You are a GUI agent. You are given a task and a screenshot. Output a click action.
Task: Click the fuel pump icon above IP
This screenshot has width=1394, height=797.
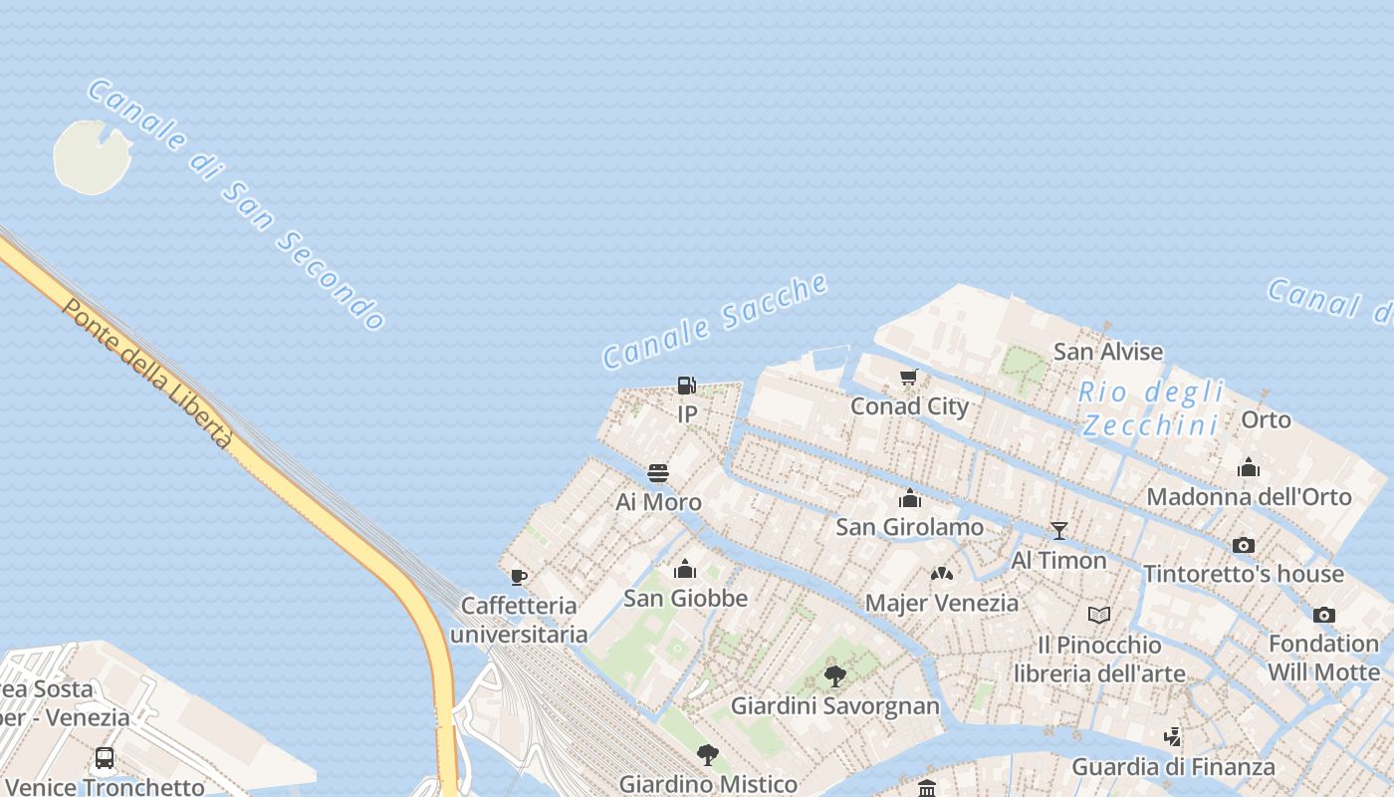coord(686,385)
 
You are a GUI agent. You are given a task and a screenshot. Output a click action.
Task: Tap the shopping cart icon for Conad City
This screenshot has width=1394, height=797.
coord(908,378)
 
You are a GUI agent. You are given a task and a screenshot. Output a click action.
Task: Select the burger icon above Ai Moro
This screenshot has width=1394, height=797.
coord(658,472)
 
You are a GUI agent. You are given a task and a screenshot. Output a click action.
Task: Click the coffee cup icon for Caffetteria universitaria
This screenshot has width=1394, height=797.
coord(518,577)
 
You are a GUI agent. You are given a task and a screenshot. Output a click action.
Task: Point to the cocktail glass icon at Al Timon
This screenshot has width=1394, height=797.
coord(1059,530)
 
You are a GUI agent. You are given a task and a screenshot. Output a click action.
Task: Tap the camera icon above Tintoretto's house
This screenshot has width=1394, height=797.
coord(1243,545)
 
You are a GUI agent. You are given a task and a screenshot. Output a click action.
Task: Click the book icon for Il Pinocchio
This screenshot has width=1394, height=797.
coord(1099,615)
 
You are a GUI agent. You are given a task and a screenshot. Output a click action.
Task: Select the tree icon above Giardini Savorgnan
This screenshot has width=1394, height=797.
coord(835,676)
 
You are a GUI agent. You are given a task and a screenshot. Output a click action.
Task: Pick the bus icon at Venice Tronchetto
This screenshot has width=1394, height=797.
coord(105,758)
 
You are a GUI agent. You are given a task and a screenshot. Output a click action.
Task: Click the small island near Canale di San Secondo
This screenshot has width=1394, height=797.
coord(92,156)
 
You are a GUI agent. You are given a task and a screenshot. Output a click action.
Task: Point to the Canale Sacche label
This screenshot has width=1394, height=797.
coord(715,320)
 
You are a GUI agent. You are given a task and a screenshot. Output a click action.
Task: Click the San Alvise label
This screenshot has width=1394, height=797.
coord(1108,352)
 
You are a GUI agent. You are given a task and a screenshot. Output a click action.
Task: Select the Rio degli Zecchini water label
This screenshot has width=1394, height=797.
coord(1151,408)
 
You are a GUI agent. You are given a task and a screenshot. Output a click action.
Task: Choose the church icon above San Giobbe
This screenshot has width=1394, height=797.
coord(685,569)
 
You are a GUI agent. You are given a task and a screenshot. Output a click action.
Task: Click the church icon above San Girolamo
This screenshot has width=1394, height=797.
coord(909,498)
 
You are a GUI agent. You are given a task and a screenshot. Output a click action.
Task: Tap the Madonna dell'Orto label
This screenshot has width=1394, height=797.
coord(1249,496)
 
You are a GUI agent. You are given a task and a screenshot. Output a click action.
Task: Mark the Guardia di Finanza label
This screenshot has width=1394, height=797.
coord(1173,767)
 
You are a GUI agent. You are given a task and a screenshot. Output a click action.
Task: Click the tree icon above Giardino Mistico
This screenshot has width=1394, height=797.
coord(708,754)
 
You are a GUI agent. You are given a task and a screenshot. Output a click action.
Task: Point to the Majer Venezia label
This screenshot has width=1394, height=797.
coord(942,603)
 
